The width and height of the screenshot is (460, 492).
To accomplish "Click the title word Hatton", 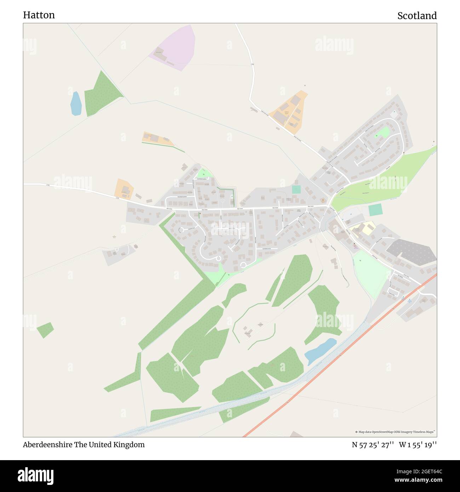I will [39, 15].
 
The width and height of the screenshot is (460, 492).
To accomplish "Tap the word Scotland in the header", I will [417, 16].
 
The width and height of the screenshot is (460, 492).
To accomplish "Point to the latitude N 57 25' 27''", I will [373, 445].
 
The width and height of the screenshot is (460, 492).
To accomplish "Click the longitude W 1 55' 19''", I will [418, 445].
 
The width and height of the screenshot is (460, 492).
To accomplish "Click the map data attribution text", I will [396, 432].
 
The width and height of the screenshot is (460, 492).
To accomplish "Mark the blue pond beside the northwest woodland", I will [76, 104].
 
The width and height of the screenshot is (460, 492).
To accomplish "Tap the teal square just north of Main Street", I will [296, 189].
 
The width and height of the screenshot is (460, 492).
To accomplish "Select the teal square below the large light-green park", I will [375, 210].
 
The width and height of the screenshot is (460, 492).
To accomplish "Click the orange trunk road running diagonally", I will [340, 354].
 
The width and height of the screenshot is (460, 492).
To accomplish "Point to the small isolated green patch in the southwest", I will [45, 330].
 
